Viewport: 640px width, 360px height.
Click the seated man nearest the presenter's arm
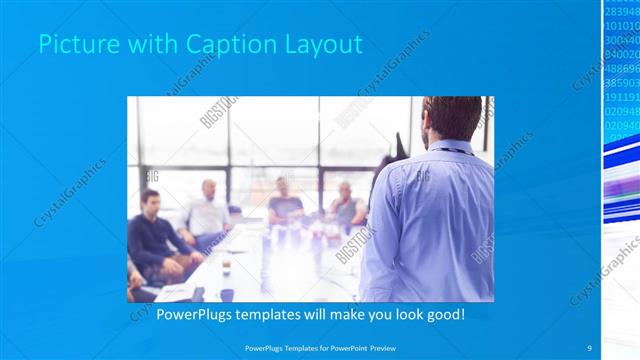click(346, 204)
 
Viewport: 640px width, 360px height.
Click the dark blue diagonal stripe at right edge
click(620, 150)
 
